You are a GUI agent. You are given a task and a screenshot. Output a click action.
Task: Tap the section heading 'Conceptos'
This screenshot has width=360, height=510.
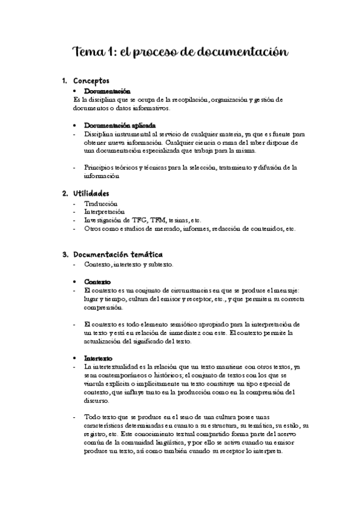click(x=91, y=81)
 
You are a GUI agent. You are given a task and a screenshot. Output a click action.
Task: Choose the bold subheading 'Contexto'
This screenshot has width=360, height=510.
click(x=97, y=281)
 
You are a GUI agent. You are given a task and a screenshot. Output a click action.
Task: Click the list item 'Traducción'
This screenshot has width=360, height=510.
click(x=102, y=204)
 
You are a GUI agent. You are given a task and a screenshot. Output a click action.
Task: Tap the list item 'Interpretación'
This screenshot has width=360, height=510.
click(x=105, y=212)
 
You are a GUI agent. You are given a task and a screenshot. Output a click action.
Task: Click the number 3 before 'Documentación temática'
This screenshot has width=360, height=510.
click(x=65, y=254)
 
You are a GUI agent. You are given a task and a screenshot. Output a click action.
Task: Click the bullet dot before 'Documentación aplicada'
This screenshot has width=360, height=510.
click(x=74, y=124)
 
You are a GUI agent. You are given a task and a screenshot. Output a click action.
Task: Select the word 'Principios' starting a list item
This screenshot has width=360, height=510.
click(x=99, y=167)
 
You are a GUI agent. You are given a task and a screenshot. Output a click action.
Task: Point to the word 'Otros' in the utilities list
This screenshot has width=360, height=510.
click(x=94, y=229)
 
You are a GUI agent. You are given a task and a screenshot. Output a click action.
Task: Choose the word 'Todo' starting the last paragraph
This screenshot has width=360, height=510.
click(x=93, y=417)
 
